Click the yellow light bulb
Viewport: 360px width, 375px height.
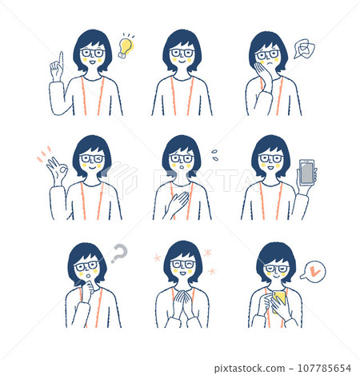tap(125, 46)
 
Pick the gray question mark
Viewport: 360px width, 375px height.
tap(119, 254)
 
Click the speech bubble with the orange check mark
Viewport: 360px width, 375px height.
tap(315, 271)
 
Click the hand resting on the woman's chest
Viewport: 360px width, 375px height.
tap(177, 200)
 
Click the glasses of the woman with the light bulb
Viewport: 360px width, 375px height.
tap(94, 54)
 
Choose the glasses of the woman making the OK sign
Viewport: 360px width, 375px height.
tap(92, 159)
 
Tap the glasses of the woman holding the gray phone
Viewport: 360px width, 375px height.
tap(271, 158)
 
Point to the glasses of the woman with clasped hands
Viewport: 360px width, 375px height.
tap(183, 264)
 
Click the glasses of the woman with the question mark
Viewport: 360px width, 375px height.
tap(87, 265)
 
